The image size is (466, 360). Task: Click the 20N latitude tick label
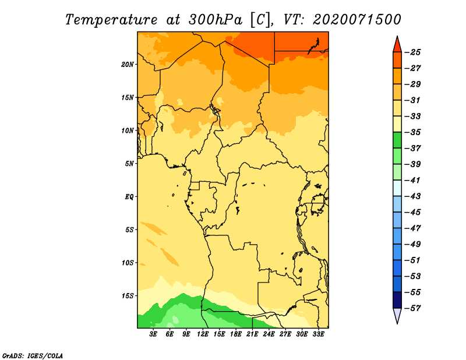127,65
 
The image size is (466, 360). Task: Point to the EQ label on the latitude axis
129,197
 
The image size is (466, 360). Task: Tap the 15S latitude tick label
127,296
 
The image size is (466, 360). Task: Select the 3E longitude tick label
153,334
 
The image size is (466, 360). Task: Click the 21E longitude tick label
252,334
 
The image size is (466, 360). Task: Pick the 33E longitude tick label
318,334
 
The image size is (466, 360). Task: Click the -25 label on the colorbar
414,52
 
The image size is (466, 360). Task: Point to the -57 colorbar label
414,308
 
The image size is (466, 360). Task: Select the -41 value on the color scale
414,180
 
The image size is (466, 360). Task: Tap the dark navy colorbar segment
397,300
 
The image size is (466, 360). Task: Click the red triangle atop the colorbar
397,45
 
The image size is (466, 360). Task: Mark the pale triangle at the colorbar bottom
397,316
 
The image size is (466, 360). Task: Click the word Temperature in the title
111,20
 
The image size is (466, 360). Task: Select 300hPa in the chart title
216,20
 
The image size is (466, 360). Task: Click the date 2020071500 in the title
357,20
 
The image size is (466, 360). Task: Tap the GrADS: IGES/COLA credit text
33,355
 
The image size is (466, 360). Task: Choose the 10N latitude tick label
127,130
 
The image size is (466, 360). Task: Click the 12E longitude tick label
203,334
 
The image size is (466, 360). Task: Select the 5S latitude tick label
129,230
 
